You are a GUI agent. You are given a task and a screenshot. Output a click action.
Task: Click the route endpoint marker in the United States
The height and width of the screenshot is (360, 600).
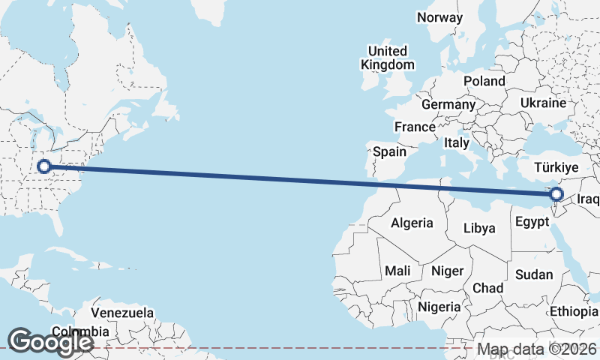(43, 166)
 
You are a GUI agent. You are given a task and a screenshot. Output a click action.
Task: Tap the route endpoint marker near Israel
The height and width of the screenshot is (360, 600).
(556, 196)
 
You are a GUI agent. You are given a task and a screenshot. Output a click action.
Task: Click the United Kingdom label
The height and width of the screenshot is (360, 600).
(387, 58)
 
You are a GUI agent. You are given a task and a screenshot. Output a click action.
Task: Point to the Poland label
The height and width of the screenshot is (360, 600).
(484, 81)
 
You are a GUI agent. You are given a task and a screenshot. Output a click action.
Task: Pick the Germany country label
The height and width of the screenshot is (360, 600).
(448, 104)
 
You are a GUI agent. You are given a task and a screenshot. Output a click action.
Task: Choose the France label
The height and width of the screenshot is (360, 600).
(415, 127)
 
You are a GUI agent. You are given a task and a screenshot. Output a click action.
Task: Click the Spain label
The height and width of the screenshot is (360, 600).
(390, 151)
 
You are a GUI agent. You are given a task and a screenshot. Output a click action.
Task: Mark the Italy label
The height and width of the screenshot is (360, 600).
(456, 142)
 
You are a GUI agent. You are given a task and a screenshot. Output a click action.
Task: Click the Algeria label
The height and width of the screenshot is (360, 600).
(412, 223)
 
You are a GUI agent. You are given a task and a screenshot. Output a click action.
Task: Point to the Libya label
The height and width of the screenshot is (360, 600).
(479, 228)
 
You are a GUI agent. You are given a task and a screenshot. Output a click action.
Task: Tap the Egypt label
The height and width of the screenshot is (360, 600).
(533, 222)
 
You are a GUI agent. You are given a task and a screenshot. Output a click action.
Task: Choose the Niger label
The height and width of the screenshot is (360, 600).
(448, 271)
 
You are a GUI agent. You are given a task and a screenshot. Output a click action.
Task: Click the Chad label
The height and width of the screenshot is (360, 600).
(487, 288)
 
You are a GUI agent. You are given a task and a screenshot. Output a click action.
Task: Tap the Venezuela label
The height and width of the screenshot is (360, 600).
(122, 313)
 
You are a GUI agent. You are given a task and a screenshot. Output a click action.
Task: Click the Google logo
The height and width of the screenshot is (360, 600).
(50, 342)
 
